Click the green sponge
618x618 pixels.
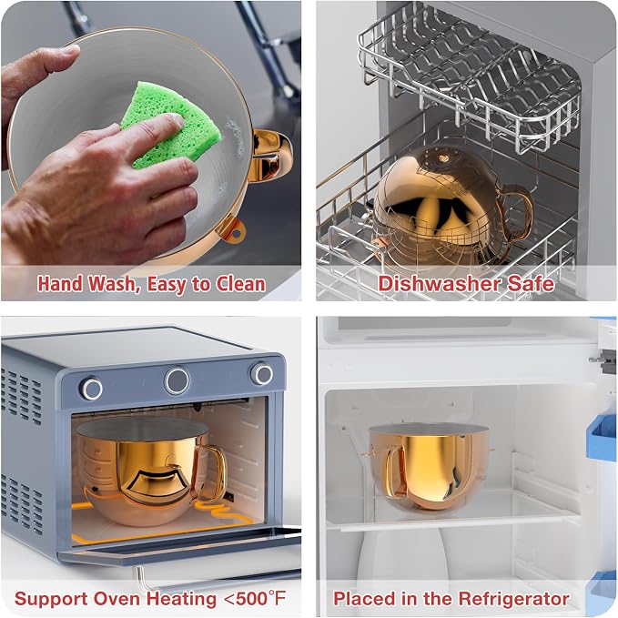point(170,126)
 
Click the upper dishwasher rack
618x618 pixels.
point(469,75)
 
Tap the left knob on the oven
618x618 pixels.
point(92,389)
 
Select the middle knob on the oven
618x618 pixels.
point(177,380)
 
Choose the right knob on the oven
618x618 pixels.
point(261,374)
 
